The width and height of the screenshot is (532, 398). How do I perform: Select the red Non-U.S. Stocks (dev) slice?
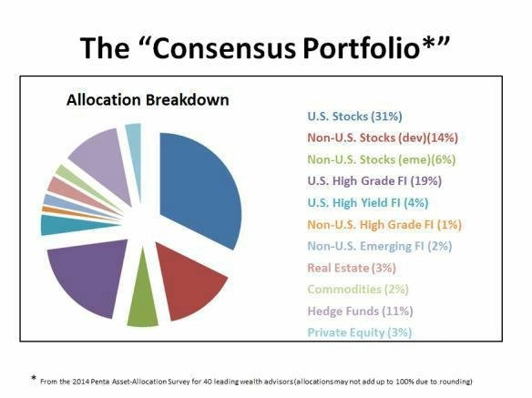coord(190,281)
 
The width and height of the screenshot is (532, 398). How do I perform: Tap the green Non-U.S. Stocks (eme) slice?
coord(143,302)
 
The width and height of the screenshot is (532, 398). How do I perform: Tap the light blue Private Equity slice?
coord(134,142)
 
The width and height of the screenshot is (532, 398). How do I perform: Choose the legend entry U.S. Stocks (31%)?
coord(354,117)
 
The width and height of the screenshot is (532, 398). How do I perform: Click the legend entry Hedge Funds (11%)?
coord(360,311)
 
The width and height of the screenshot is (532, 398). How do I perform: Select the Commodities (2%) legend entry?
coord(358,289)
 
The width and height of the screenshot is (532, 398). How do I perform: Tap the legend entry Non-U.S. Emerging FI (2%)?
coord(380,246)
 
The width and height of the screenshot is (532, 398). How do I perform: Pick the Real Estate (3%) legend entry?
coord(352,268)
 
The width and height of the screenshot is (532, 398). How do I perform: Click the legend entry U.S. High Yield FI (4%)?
coord(368,202)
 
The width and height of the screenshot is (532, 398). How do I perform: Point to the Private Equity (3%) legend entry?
coord(360,332)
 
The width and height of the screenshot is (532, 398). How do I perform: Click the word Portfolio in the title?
coord(361,48)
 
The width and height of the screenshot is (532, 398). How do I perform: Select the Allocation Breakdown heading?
coord(148,100)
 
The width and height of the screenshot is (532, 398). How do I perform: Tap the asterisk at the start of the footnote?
coord(33,378)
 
